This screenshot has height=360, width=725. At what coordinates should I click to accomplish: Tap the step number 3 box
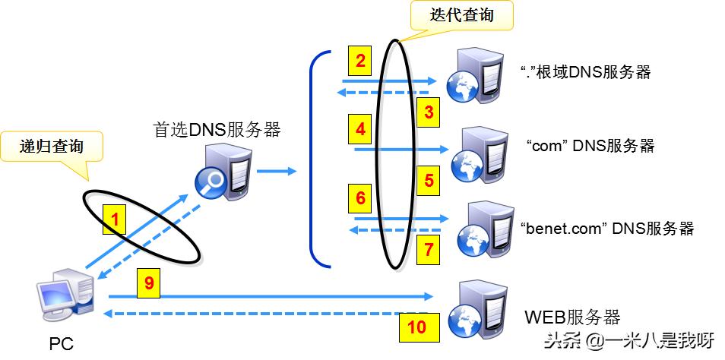[429, 113]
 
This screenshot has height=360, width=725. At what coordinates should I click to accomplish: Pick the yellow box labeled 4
[361, 129]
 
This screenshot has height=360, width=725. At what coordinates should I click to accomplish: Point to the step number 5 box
[429, 180]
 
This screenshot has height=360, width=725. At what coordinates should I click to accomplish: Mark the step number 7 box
[429, 248]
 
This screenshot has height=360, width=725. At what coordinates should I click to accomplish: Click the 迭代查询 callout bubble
[461, 16]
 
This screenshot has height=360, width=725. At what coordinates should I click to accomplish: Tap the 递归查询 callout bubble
[51, 147]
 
